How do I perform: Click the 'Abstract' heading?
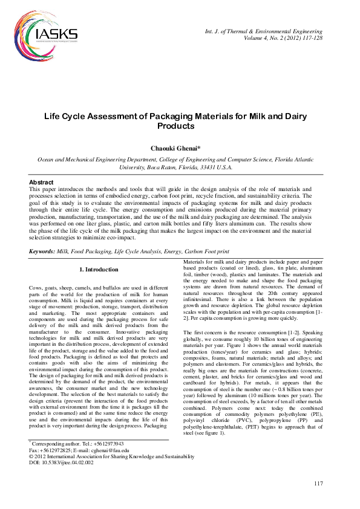(41, 182)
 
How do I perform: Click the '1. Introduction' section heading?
(99, 269)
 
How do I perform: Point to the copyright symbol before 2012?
(31, 474)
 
